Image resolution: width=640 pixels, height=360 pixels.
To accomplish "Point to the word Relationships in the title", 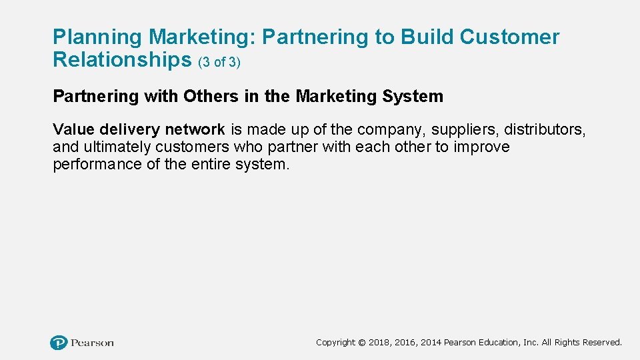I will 122,60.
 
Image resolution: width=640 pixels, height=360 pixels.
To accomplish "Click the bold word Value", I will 73,129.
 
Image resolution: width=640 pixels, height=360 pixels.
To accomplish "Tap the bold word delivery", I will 129,129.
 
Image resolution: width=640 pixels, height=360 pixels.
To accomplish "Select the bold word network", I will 195,129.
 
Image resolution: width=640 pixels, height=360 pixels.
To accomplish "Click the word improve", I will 482,147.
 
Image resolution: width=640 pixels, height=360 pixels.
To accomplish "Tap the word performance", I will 97,165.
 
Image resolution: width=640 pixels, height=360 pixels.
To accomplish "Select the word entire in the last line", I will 208,165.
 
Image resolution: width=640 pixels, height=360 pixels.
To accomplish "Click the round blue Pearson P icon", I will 59,343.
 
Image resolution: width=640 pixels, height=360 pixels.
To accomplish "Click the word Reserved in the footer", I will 602,343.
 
